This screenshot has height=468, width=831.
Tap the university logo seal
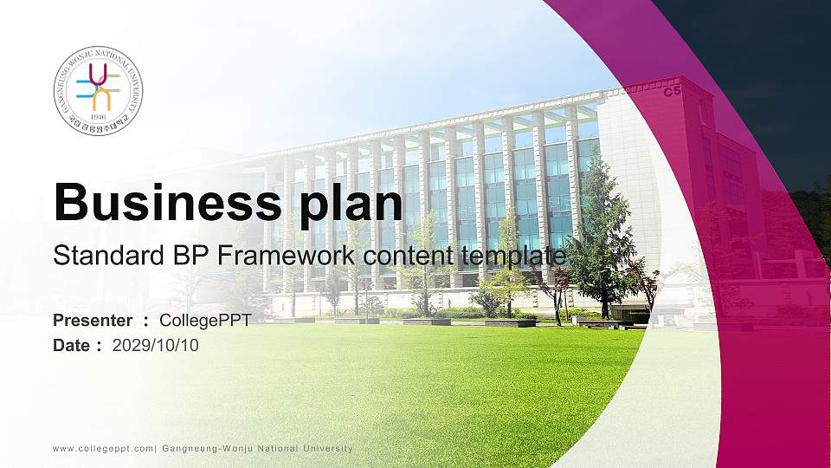98,90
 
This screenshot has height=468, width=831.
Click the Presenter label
93,321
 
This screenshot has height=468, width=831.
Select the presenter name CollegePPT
205,321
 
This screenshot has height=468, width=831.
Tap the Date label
72,345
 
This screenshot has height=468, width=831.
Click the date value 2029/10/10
156,345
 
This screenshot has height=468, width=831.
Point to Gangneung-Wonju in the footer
205,448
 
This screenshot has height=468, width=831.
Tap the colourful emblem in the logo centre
98,87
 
